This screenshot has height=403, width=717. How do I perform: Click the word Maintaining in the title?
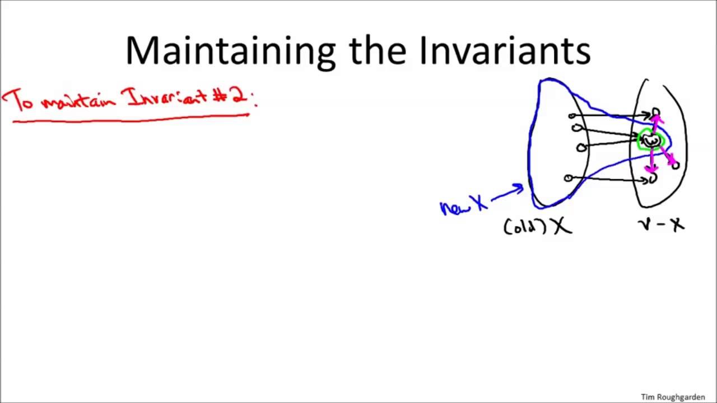coord(230,50)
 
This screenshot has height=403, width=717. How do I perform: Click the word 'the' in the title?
coord(378,50)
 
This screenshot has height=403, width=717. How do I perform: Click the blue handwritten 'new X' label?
coord(463,205)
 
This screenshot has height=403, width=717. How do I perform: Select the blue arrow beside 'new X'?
coord(507,193)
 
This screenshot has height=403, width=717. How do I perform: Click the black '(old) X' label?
coord(537,226)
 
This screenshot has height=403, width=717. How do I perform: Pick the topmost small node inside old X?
coord(572,116)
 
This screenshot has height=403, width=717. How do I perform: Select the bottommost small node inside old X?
coord(568,178)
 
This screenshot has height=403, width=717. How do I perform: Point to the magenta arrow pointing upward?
coord(655,123)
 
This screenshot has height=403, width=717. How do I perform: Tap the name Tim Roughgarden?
coord(673,397)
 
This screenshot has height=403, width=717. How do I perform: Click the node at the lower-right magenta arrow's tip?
coord(676,165)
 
